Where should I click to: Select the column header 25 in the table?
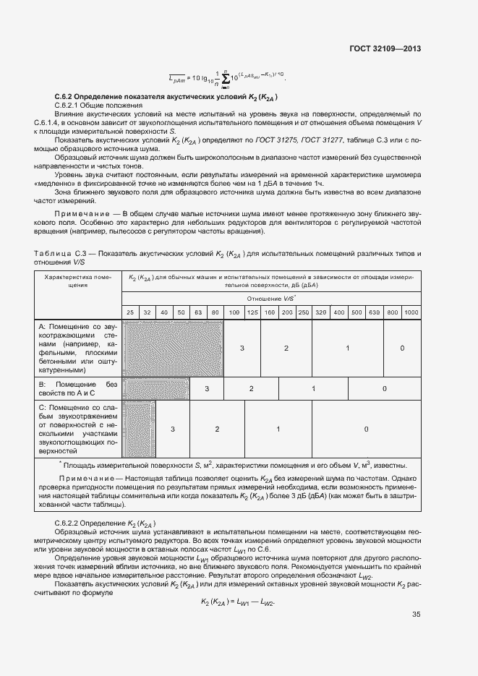(130, 312)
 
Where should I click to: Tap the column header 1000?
(411, 312)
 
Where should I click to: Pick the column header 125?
(252, 312)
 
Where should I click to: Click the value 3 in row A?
(242, 348)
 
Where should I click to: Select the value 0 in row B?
(385, 388)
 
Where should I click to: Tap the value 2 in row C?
(217, 429)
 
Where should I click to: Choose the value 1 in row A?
(348, 348)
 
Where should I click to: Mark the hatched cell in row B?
(155, 388)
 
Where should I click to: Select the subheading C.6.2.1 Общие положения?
(89, 106)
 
